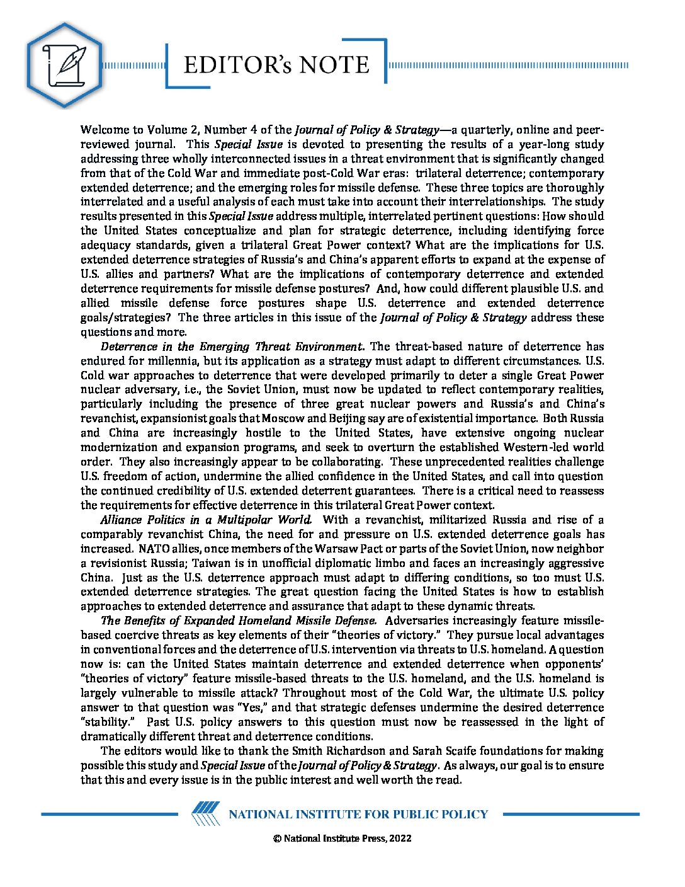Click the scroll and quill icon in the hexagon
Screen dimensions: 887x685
[64, 65]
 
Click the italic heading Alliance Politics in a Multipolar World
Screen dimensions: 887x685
[206, 520]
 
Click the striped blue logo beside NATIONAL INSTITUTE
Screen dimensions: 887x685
[206, 814]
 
